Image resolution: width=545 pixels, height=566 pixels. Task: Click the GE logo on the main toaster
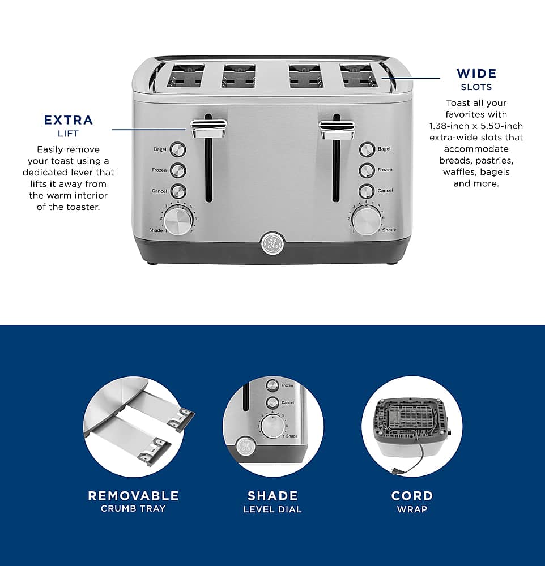[x=272, y=244]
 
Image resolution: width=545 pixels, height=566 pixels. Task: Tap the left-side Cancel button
[x=178, y=191]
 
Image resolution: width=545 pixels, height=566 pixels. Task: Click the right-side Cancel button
[x=367, y=191]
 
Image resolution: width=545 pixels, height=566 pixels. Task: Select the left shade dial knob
[x=178, y=220]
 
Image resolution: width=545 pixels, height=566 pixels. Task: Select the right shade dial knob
[x=366, y=220]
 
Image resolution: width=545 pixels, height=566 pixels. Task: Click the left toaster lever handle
[x=208, y=128]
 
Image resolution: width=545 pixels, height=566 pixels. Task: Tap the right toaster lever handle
[x=337, y=129]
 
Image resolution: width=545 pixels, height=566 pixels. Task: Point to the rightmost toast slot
[x=358, y=76]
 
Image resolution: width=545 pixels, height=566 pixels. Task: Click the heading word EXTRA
[x=68, y=120]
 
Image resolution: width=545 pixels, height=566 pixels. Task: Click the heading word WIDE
[x=476, y=74]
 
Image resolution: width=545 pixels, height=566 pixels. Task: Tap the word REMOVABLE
[x=133, y=496]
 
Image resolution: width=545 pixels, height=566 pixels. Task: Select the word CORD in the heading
[x=412, y=496]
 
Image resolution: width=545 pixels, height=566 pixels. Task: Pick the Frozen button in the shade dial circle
[x=272, y=385]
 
